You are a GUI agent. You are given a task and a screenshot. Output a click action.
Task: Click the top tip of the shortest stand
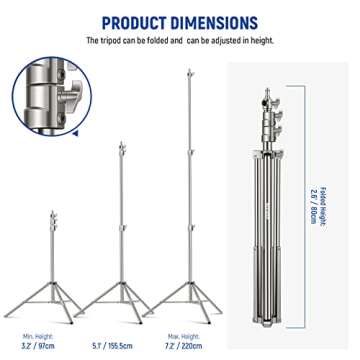(52, 212)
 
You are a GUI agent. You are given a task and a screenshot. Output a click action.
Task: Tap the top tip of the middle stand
(122, 142)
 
